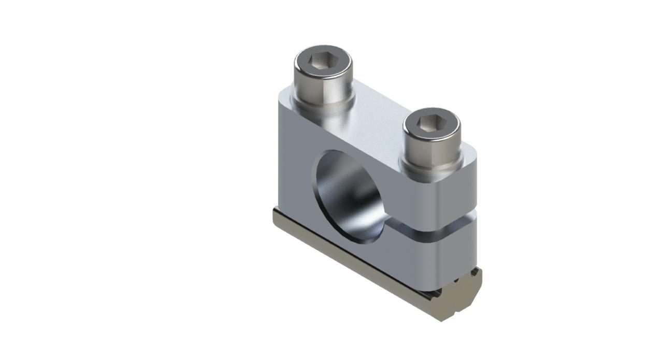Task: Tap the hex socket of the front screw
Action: (x=431, y=123)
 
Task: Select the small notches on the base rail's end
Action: (x=456, y=280)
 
